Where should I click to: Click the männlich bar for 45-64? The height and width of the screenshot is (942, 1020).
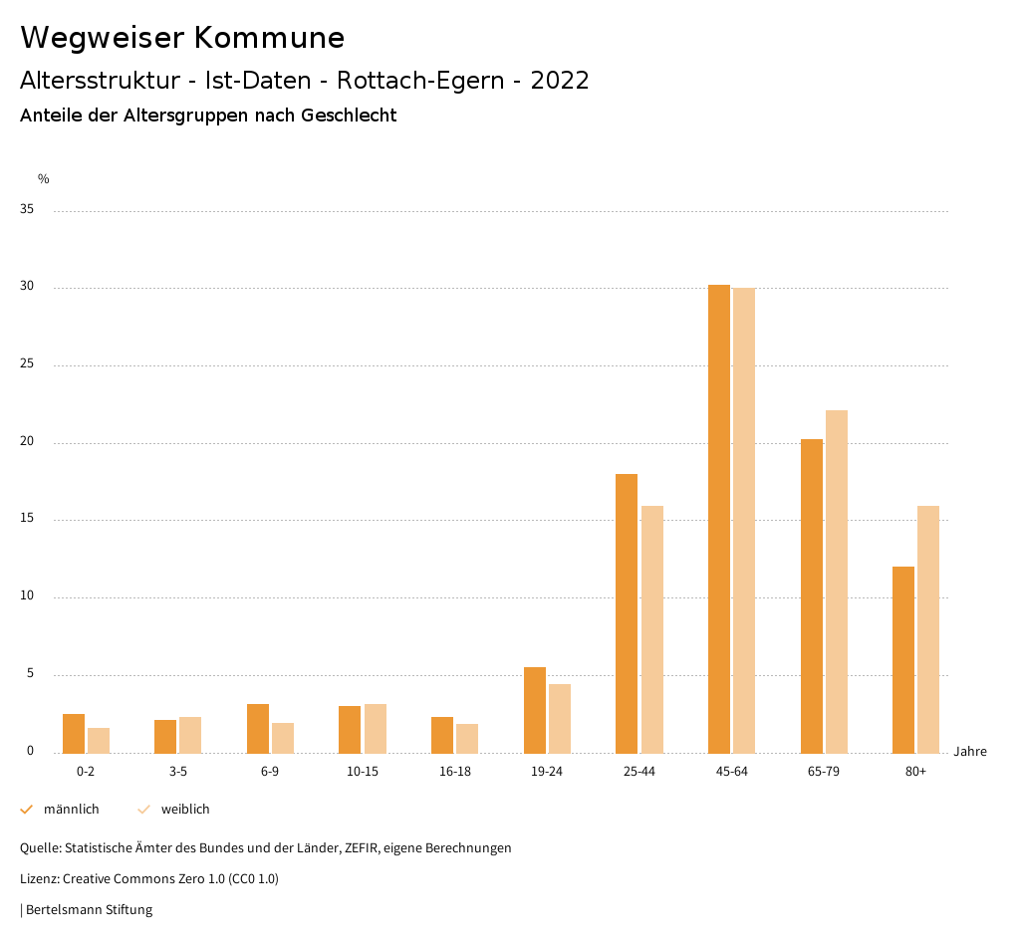point(719,519)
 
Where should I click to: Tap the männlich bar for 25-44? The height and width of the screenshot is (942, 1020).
point(627,613)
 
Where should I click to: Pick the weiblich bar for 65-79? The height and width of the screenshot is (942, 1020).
point(837,582)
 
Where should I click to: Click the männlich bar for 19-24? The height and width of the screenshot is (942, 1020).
point(535,710)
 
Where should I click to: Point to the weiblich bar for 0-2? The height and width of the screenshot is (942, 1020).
point(99,741)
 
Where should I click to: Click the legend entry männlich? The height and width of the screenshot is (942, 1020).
point(71,810)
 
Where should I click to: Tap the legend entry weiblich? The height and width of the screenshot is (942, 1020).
point(185,810)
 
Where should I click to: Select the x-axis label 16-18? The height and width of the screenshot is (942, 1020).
point(455,772)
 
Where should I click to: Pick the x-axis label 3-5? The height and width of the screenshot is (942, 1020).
point(178,772)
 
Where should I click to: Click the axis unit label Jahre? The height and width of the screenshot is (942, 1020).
point(970,752)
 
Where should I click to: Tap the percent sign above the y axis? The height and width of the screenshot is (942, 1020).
point(44,179)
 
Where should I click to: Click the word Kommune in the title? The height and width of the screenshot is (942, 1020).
point(269,38)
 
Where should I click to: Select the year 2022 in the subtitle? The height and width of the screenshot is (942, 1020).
point(560,81)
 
